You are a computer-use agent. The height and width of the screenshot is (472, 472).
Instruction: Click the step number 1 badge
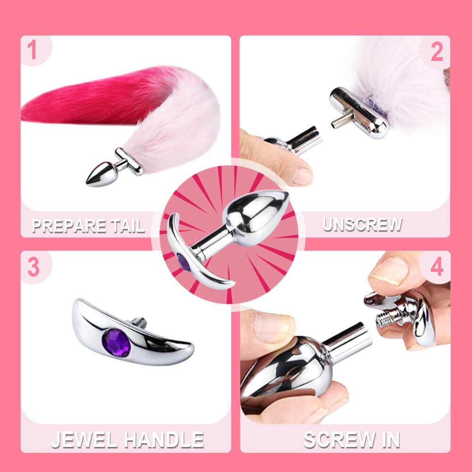(32, 51)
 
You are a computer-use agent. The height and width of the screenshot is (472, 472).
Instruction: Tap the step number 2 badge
(437, 52)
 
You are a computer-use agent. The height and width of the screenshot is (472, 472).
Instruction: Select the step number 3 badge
(33, 267)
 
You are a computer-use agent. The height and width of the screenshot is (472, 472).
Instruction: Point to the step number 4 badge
(437, 268)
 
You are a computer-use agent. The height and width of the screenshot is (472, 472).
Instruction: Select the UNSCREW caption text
(362, 224)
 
